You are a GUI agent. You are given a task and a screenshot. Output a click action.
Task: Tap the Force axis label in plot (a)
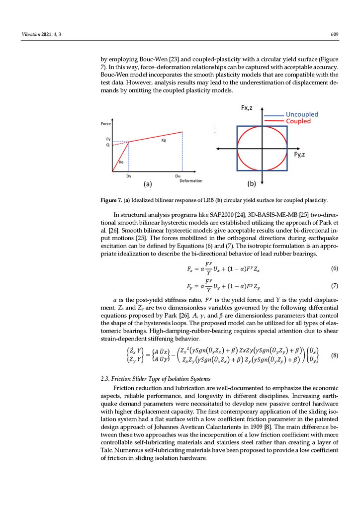pyautogui.click(x=106, y=124)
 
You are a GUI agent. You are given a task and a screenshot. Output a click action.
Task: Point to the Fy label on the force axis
pyautogui.click(x=108, y=139)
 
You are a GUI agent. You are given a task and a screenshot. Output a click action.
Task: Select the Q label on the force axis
pyautogui.click(x=108, y=145)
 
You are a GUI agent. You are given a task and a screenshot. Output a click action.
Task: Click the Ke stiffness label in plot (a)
pyautogui.click(x=121, y=162)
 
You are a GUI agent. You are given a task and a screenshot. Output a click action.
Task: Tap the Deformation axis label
pyautogui.click(x=191, y=180)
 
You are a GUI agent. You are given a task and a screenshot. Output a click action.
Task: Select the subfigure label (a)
pyautogui.click(x=147, y=184)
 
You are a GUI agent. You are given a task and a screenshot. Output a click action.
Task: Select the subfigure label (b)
pyautogui.click(x=252, y=184)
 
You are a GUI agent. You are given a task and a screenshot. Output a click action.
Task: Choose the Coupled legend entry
pyautogui.click(x=298, y=121)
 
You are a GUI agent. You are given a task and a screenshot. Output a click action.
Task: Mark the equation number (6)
pyautogui.click(x=334, y=269)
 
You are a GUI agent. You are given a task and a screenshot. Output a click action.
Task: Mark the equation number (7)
pyautogui.click(x=334, y=286)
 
